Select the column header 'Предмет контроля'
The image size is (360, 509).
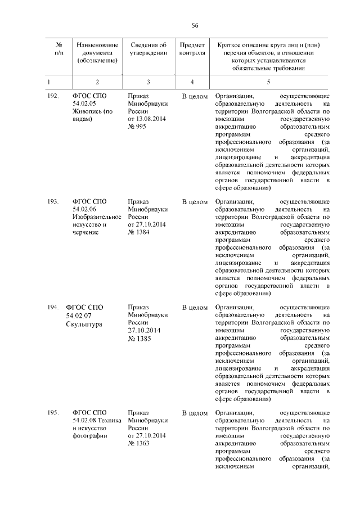pos(192,49)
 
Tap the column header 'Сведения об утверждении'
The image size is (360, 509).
pos(148,49)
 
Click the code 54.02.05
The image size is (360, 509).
pos(84,104)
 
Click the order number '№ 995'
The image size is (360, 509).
pos(137,128)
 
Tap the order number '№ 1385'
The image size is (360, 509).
pos(139,339)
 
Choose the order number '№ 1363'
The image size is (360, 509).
pos(139,445)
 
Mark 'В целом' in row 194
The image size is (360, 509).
pos(195,308)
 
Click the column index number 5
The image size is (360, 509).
pos(268,82)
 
